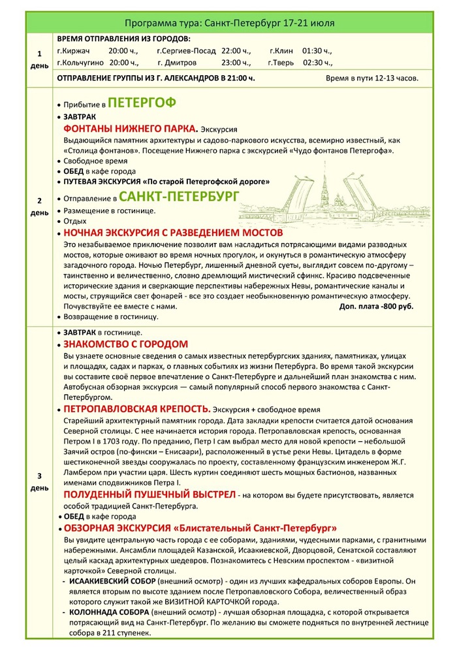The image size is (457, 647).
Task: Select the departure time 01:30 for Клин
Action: [317, 50]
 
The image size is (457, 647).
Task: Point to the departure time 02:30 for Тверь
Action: [317, 63]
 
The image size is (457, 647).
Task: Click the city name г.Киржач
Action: [74, 50]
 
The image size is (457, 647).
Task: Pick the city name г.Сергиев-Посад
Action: [186, 50]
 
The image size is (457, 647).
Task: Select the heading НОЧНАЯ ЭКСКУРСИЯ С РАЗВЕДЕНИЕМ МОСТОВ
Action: [173, 233]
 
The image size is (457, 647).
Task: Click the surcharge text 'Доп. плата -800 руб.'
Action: [377, 306]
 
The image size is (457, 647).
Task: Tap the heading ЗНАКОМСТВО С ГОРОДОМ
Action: [125, 344]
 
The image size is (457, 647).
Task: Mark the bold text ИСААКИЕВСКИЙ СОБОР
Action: [112, 581]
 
